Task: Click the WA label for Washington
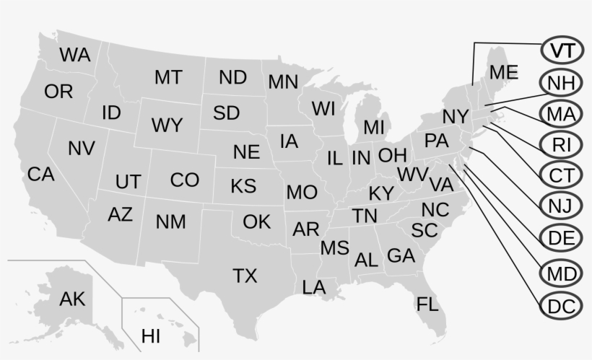75,55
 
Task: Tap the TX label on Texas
245,276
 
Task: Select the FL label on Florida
427,304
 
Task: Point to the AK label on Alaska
72,299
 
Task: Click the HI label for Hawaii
151,335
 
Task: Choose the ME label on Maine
503,72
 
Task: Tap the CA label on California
41,174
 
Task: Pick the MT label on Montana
167,77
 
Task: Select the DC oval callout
561,306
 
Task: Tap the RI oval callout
561,145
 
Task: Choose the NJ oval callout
561,207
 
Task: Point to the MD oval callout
561,275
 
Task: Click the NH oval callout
561,82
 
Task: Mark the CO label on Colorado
184,180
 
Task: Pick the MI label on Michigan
374,128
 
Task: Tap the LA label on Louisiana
314,288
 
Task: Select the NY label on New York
456,117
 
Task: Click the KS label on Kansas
243,186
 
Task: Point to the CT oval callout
561,175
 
